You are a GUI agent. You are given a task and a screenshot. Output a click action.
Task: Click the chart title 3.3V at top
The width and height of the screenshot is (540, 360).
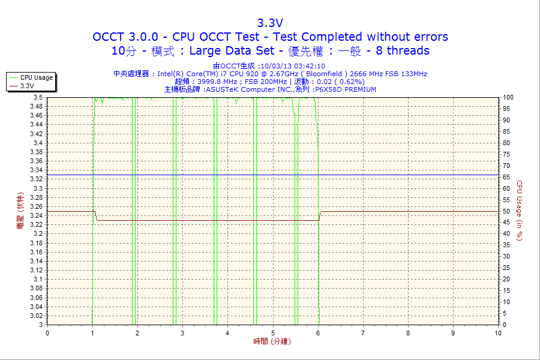(x=270, y=23)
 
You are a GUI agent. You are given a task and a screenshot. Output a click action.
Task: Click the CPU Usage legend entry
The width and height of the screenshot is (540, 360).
(x=36, y=77)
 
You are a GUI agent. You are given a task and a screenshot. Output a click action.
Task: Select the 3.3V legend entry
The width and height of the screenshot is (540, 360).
(x=27, y=86)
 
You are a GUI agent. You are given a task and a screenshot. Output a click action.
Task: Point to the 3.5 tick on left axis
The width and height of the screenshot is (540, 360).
(x=38, y=97)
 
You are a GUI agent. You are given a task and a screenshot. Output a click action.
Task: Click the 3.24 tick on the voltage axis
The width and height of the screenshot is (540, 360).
(x=36, y=215)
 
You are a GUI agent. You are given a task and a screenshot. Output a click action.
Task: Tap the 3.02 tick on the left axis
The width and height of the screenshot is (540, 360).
(x=36, y=316)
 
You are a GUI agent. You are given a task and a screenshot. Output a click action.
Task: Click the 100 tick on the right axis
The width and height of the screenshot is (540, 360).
(x=508, y=97)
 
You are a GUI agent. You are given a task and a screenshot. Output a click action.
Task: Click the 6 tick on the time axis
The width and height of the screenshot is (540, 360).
(x=318, y=333)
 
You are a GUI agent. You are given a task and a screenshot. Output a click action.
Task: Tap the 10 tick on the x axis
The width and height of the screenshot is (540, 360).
(x=498, y=333)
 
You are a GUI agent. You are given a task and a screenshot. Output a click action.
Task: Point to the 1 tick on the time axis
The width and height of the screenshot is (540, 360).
(x=92, y=333)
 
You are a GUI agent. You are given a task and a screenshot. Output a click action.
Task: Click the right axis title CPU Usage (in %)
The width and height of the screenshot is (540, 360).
(x=520, y=211)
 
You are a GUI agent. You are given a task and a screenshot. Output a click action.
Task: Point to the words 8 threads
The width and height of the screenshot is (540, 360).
(x=403, y=51)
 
